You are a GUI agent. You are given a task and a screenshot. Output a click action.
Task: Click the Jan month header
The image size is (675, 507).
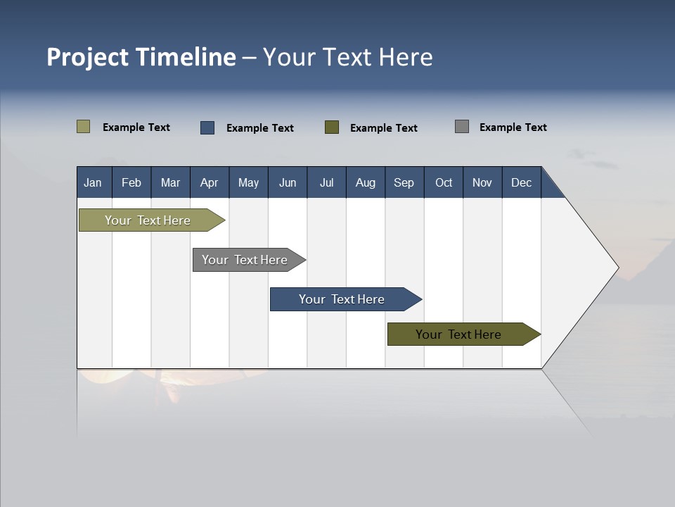[94, 182]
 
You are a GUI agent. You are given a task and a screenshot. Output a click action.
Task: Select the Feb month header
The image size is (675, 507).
[131, 182]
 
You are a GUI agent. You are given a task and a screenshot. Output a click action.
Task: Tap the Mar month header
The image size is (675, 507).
[170, 182]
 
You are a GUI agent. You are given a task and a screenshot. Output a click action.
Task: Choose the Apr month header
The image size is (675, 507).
[210, 182]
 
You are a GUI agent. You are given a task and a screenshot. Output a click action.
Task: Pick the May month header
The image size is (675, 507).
[248, 182]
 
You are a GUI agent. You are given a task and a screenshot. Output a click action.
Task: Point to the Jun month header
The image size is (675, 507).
[288, 182]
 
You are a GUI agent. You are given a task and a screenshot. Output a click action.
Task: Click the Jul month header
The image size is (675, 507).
[326, 182]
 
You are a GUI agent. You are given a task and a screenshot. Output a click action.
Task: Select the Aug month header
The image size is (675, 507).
[366, 182]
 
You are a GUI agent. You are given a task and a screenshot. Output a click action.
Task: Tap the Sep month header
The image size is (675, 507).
[404, 182]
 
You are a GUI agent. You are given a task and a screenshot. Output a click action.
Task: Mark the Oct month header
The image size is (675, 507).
[444, 182]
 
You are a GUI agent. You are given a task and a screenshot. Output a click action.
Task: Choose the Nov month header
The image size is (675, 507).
[482, 182]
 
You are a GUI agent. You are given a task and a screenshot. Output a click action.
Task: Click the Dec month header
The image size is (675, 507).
[522, 182]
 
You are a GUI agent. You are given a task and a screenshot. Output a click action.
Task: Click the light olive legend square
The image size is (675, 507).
[84, 127]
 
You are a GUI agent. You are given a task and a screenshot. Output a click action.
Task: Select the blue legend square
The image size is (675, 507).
[207, 127]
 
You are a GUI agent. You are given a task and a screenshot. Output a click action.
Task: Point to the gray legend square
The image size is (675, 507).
[462, 127]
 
